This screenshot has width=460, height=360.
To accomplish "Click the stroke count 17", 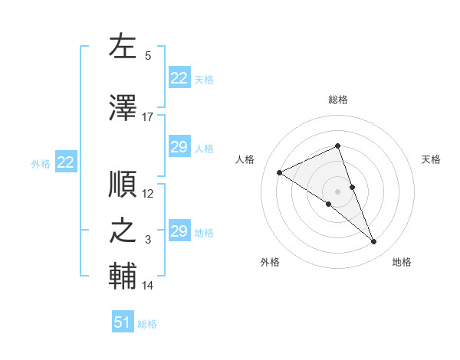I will point(147,117).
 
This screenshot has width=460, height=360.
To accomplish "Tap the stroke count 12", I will point(148,194).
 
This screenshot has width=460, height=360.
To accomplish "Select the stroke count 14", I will point(148,286).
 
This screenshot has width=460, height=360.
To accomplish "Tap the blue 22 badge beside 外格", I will point(66,162).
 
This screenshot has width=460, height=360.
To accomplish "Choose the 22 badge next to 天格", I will point(179,77).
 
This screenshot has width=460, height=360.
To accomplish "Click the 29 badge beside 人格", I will point(179,147).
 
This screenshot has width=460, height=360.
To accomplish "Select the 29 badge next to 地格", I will point(179,231).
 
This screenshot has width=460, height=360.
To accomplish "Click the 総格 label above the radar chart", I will point(338,100).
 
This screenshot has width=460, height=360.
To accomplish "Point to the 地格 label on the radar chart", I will point(402,263).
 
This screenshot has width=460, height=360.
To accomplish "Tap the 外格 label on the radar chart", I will point(270,263).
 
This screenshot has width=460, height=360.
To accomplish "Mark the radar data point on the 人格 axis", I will point(280,173).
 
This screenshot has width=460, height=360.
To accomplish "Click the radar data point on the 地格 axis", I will point(374,242).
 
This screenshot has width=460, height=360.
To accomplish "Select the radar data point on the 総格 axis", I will point(338,146).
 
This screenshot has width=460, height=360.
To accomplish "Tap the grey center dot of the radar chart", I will point(338,191).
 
